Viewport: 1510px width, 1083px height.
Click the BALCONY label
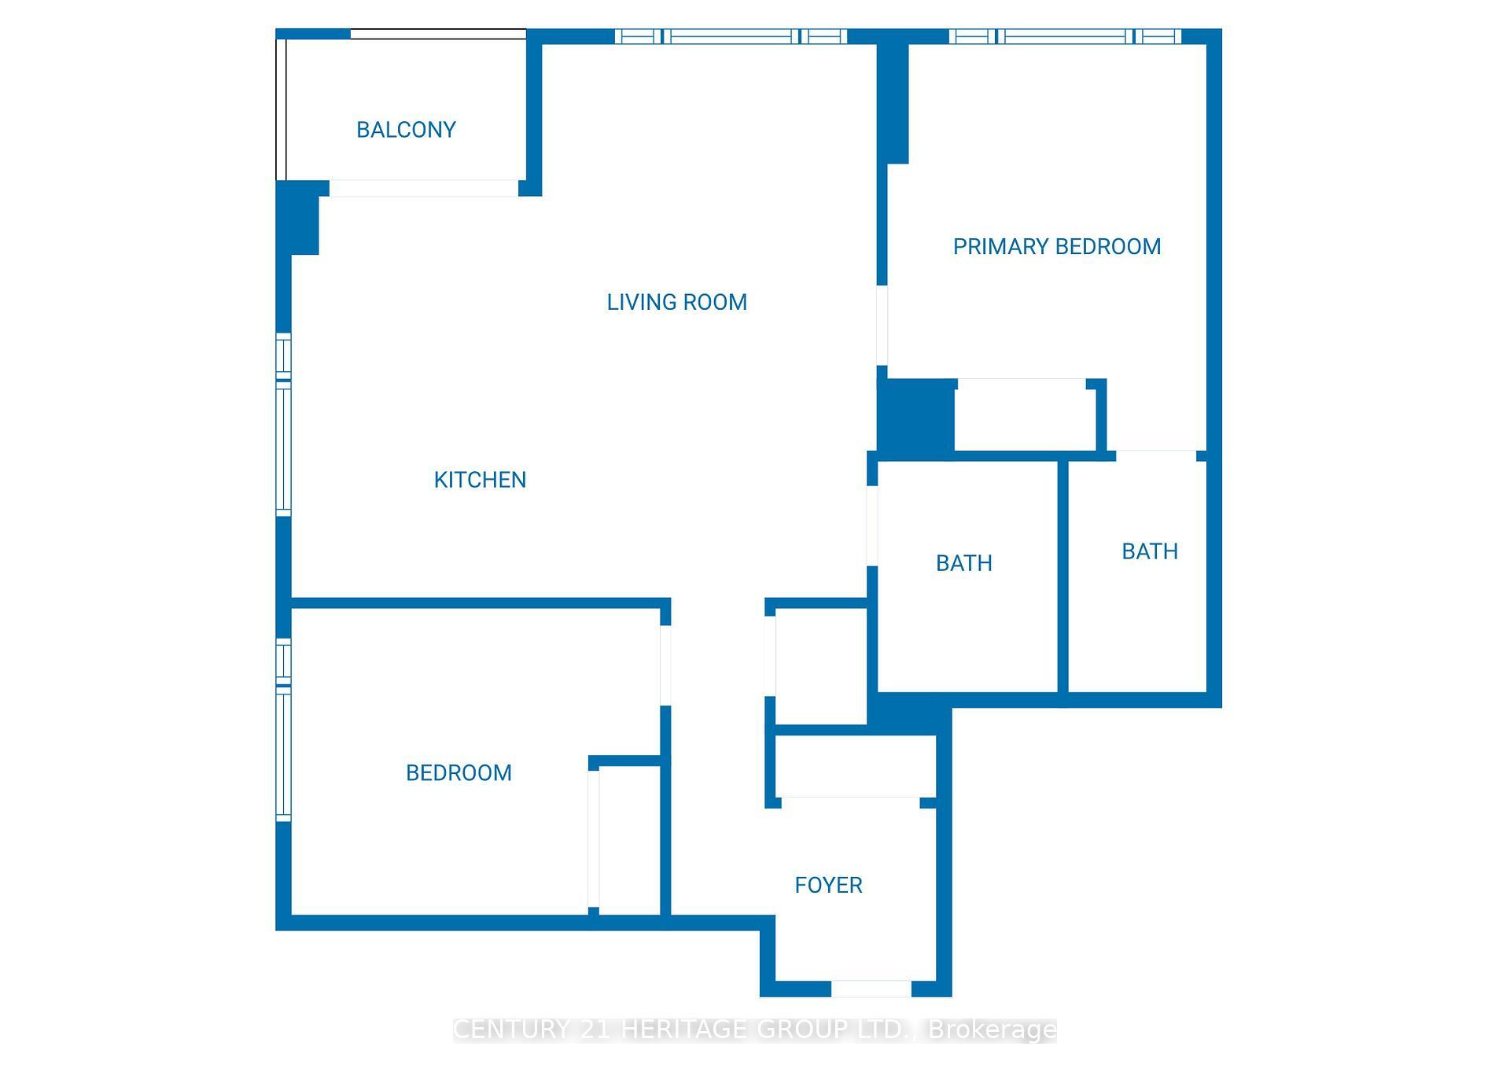click(x=406, y=130)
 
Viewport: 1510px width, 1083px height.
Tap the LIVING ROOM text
click(x=676, y=302)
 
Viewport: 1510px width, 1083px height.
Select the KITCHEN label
click(x=480, y=480)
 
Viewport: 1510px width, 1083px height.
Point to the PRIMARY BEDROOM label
click(x=1056, y=247)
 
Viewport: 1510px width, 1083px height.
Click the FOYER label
click(x=828, y=886)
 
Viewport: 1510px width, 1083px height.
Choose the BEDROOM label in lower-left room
click(x=459, y=773)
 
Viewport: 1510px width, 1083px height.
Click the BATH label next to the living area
click(x=963, y=563)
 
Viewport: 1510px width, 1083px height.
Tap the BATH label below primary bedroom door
click(x=1149, y=551)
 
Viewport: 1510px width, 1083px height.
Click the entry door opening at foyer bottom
click(x=871, y=989)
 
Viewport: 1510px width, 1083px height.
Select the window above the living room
click(x=731, y=36)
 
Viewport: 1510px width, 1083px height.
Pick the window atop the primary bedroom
click(x=1065, y=36)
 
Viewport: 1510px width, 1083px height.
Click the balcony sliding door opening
click(x=423, y=188)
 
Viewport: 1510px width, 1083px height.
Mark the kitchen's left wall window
click(x=283, y=425)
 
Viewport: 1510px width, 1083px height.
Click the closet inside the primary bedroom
click(x=1025, y=415)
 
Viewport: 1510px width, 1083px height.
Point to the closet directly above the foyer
click(x=855, y=765)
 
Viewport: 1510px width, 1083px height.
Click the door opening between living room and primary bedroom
click(x=882, y=325)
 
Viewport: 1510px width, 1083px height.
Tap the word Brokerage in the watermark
click(x=993, y=1030)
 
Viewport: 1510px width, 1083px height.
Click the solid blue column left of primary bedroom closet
click(x=916, y=416)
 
